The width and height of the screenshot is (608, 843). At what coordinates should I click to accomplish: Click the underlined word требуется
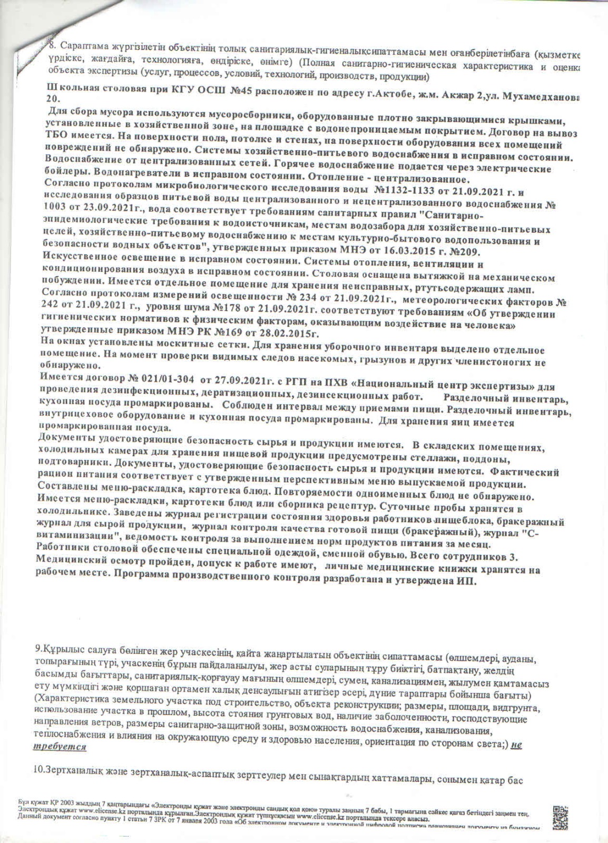point(60,747)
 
